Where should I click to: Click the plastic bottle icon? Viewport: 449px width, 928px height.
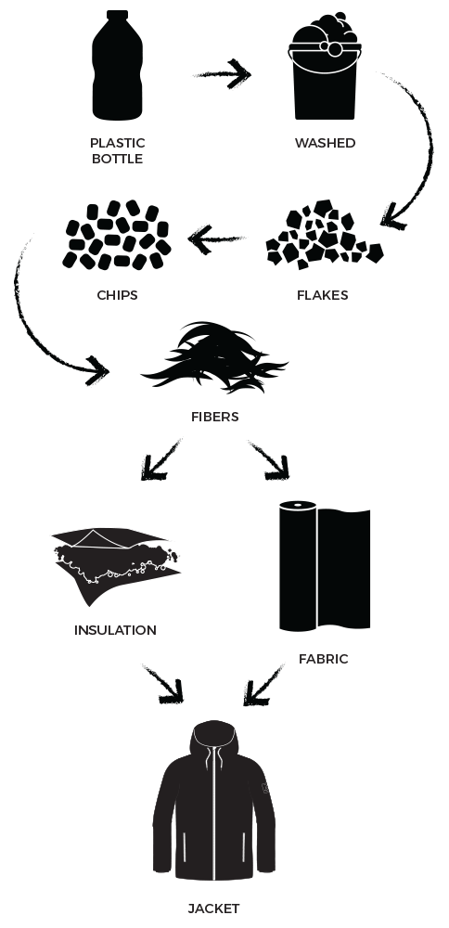click(x=117, y=65)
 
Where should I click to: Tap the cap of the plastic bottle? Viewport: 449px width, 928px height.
click(x=117, y=15)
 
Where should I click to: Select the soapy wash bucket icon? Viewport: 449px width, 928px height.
click(x=325, y=66)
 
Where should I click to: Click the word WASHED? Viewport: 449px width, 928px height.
click(x=325, y=143)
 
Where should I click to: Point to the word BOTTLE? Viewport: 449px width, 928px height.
click(x=117, y=159)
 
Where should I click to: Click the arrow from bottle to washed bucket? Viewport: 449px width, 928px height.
click(x=223, y=74)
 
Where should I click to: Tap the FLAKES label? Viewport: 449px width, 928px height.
click(x=323, y=295)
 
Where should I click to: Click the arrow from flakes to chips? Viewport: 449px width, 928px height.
click(x=216, y=239)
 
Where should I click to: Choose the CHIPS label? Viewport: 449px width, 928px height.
click(x=117, y=295)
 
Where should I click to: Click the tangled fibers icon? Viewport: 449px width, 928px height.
click(x=214, y=357)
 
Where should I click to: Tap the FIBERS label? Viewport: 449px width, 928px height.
click(x=214, y=417)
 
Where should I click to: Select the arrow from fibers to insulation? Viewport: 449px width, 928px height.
click(x=160, y=460)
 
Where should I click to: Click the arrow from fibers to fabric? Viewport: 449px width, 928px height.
click(x=269, y=460)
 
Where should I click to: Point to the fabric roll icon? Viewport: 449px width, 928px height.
click(x=325, y=566)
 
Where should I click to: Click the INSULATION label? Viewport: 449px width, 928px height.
click(x=115, y=630)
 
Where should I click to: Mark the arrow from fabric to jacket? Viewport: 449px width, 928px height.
click(x=263, y=685)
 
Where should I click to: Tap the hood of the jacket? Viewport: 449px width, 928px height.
click(x=214, y=738)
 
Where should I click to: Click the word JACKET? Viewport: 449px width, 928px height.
click(x=213, y=909)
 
